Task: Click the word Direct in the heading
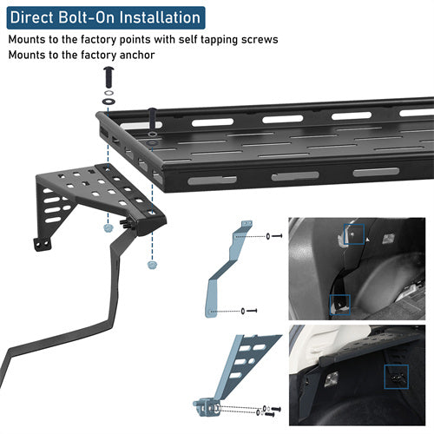32,17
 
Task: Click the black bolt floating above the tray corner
108,77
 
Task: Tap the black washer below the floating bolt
108,102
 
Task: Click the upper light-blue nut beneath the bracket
108,227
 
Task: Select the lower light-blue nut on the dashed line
152,265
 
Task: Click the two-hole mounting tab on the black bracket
43,245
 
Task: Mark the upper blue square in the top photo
354,234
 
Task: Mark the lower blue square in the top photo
340,305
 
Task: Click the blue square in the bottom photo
397,377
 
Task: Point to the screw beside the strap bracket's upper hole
277,236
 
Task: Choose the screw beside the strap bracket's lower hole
252,311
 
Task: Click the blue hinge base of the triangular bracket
207,407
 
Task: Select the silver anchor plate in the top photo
388,239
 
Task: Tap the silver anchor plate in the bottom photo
332,379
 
